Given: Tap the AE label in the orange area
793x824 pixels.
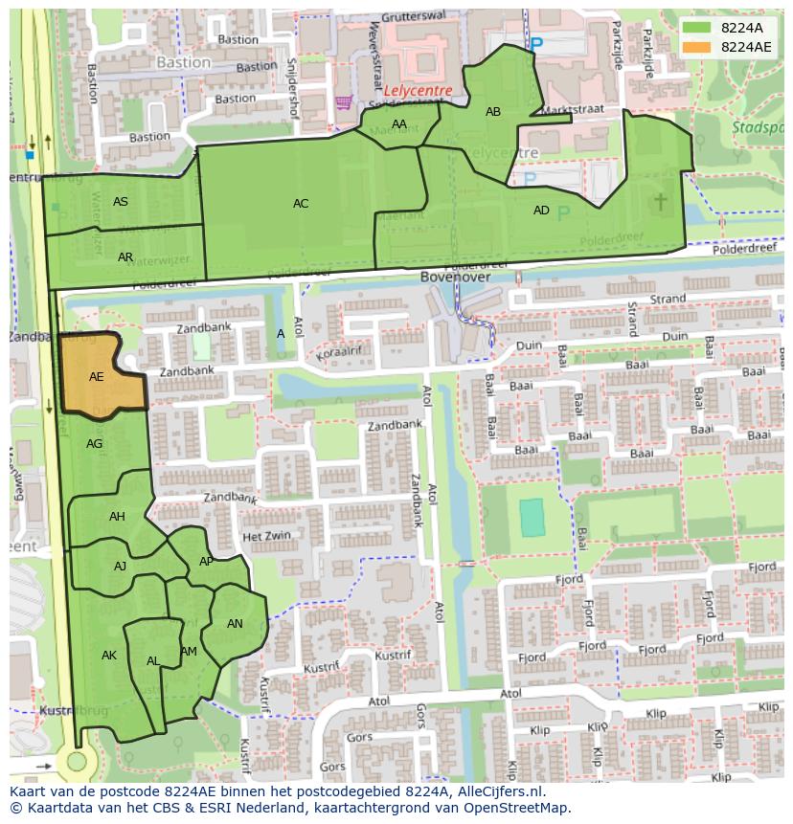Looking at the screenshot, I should pos(96,377).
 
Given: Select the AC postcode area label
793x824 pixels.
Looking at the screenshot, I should pos(301,203).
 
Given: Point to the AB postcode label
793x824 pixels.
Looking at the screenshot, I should pos(493,112).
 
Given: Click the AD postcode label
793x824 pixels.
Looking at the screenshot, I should pos(541,211).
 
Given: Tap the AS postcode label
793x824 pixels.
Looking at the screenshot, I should pos(121,202).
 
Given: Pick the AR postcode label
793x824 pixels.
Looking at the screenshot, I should pos(125,257).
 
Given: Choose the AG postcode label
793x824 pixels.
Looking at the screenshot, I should pos(94,444).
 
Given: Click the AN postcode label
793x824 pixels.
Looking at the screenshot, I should pos(235,624).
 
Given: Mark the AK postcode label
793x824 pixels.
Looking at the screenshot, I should pos(109,656).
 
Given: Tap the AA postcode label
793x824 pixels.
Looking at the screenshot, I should pos(399,124).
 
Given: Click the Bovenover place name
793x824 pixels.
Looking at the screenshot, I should pos(455,277).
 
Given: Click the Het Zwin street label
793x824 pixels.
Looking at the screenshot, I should pos(266,537).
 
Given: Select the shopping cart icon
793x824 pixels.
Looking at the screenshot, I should pos(343,101).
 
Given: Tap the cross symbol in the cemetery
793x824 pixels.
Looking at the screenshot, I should pos(661,201).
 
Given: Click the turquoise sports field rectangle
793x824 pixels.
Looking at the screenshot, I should pos(532,518).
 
